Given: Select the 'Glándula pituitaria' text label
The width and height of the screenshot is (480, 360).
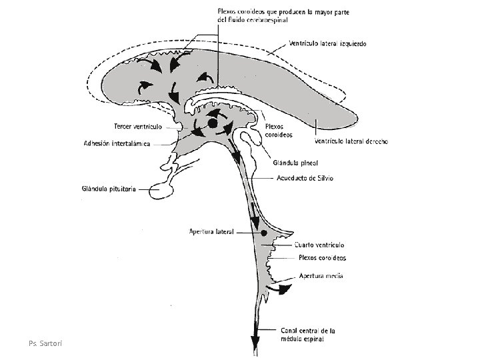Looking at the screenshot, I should [x=109, y=189].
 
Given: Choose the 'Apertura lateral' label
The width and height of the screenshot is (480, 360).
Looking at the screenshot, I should [x=210, y=233].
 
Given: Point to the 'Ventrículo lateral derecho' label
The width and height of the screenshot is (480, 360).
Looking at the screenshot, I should [x=351, y=141].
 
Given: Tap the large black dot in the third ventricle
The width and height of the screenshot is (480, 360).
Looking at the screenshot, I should [x=213, y=123].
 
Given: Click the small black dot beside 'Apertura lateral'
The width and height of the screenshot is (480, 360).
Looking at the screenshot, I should [x=264, y=233].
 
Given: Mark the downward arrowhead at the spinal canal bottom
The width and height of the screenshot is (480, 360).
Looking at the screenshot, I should [x=255, y=342].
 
